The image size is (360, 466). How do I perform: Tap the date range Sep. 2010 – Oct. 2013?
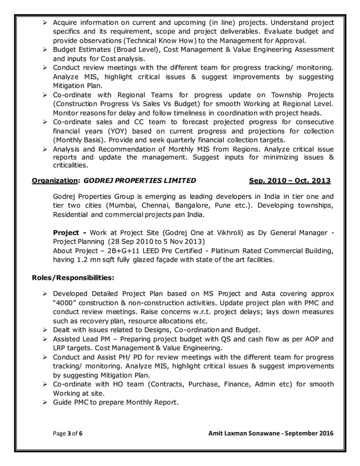click(x=289, y=181)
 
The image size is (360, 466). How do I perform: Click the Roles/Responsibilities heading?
click(x=72, y=278)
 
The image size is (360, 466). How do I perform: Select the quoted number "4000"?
click(x=67, y=303)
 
